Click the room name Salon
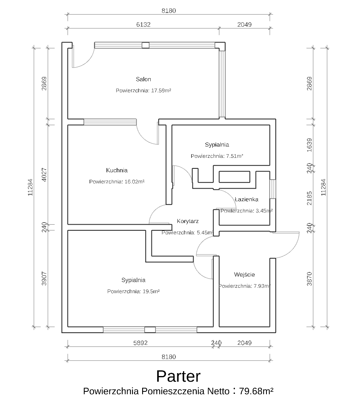(143, 79)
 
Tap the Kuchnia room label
(117, 170)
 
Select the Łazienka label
(246, 199)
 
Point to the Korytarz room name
(187, 221)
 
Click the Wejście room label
(244, 274)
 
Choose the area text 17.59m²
(161, 91)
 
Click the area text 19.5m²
(151, 291)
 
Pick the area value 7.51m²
(234, 156)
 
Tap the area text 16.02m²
(134, 182)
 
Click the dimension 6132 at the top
(143, 24)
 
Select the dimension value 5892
(140, 343)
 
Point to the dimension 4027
(44, 174)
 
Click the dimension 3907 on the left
(44, 278)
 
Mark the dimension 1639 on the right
(309, 145)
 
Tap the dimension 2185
(309, 198)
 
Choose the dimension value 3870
(309, 279)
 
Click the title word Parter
(178, 376)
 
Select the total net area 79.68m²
(256, 391)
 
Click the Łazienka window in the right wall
(273, 189)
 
